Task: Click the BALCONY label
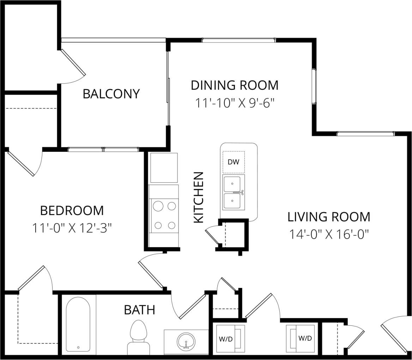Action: pyautogui.click(x=111, y=94)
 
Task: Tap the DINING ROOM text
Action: pyautogui.click(x=235, y=85)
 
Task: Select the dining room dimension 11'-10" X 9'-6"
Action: pyautogui.click(x=235, y=103)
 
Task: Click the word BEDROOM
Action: pyautogui.click(x=72, y=211)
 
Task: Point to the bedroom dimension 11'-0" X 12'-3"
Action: pyautogui.click(x=72, y=228)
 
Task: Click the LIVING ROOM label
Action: pyautogui.click(x=329, y=217)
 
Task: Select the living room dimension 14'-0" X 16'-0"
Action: pyautogui.click(x=329, y=234)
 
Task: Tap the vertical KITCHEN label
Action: pyautogui.click(x=199, y=197)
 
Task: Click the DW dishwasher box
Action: pyautogui.click(x=234, y=162)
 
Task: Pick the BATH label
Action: pyautogui.click(x=139, y=310)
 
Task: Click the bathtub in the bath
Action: pyautogui.click(x=78, y=324)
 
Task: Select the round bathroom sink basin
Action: pyautogui.click(x=186, y=341)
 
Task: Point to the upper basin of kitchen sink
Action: pyautogui.click(x=232, y=184)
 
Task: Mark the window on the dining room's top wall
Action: pyautogui.click(x=238, y=40)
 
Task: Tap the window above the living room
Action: pyautogui.click(x=365, y=134)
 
